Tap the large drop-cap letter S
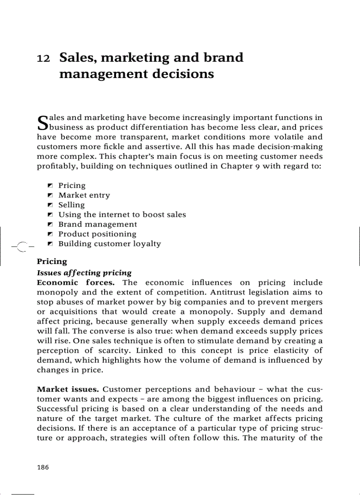click(42, 123)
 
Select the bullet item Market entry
click(84, 195)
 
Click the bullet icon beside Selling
click(50, 205)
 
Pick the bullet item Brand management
click(97, 224)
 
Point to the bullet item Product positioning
click(97, 234)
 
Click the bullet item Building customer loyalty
click(109, 244)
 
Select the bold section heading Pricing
click(52, 262)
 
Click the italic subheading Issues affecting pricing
click(84, 273)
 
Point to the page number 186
click(43, 468)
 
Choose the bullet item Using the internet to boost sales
click(122, 215)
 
